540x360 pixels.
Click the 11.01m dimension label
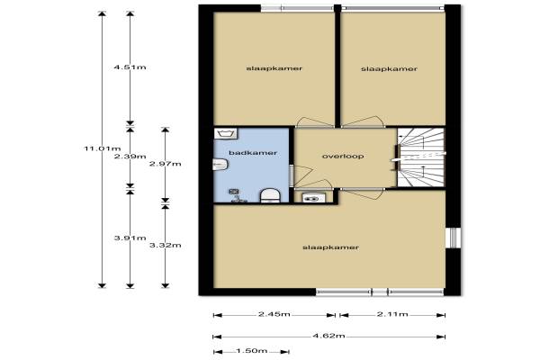103,148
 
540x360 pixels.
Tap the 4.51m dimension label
130,67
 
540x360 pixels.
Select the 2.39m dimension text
130,157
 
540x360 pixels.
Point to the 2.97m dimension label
166,164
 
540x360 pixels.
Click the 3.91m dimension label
130,238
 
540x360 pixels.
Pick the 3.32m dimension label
166,246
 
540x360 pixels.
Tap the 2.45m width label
274,314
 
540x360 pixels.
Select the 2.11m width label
392,314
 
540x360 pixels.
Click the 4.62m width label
328,336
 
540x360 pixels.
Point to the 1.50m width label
252,351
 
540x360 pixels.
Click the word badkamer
253,153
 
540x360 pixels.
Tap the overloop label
343,156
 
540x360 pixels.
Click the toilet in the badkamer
270,195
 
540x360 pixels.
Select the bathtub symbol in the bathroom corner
225,133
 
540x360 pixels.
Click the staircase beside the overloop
420,157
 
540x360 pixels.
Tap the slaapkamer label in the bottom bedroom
330,247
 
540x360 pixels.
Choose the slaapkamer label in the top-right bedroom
389,69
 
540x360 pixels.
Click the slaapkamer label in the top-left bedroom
274,68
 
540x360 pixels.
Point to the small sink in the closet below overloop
313,198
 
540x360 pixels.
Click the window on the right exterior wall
453,238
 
